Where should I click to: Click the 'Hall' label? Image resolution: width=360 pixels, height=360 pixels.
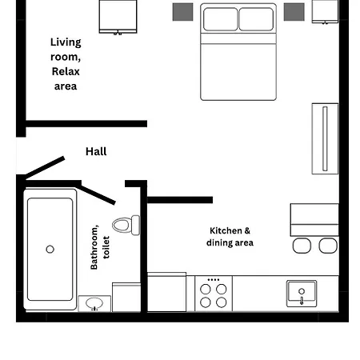pyautogui.click(x=96, y=151)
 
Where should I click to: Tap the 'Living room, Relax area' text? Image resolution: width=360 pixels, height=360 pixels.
pyautogui.click(x=66, y=64)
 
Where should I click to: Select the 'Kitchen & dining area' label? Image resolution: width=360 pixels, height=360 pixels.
pyautogui.click(x=230, y=236)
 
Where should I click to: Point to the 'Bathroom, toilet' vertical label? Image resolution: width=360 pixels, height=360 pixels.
pyautogui.click(x=100, y=246)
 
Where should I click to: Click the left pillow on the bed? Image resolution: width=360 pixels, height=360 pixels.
pyautogui.click(x=220, y=19)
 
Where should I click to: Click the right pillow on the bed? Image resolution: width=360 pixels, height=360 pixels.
pyautogui.click(x=256, y=19)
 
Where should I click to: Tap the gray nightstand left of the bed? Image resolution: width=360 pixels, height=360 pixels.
pyautogui.click(x=183, y=11)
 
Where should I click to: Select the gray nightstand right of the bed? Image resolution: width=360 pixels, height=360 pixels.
pyautogui.click(x=294, y=11)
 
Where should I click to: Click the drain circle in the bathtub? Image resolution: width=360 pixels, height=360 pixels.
pyautogui.click(x=50, y=249)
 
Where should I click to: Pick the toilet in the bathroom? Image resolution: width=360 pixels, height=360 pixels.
pyautogui.click(x=125, y=225)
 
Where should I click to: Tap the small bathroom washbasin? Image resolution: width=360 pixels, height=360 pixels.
pyautogui.click(x=95, y=304)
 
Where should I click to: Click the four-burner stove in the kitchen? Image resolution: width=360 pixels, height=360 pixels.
pyautogui.click(x=213, y=294)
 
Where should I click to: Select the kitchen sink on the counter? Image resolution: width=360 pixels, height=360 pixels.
pyautogui.click(x=302, y=294)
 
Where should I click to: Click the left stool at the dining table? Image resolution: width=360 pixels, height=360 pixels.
pyautogui.click(x=302, y=245)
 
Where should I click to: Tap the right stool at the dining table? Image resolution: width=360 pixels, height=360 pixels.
pyautogui.click(x=328, y=245)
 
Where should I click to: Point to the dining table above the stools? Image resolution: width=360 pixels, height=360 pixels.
pyautogui.click(x=314, y=218)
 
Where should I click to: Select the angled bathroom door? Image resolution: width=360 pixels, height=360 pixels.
pyautogui.click(x=98, y=193)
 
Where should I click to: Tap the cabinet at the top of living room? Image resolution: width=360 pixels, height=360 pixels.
pyautogui.click(x=118, y=16)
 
